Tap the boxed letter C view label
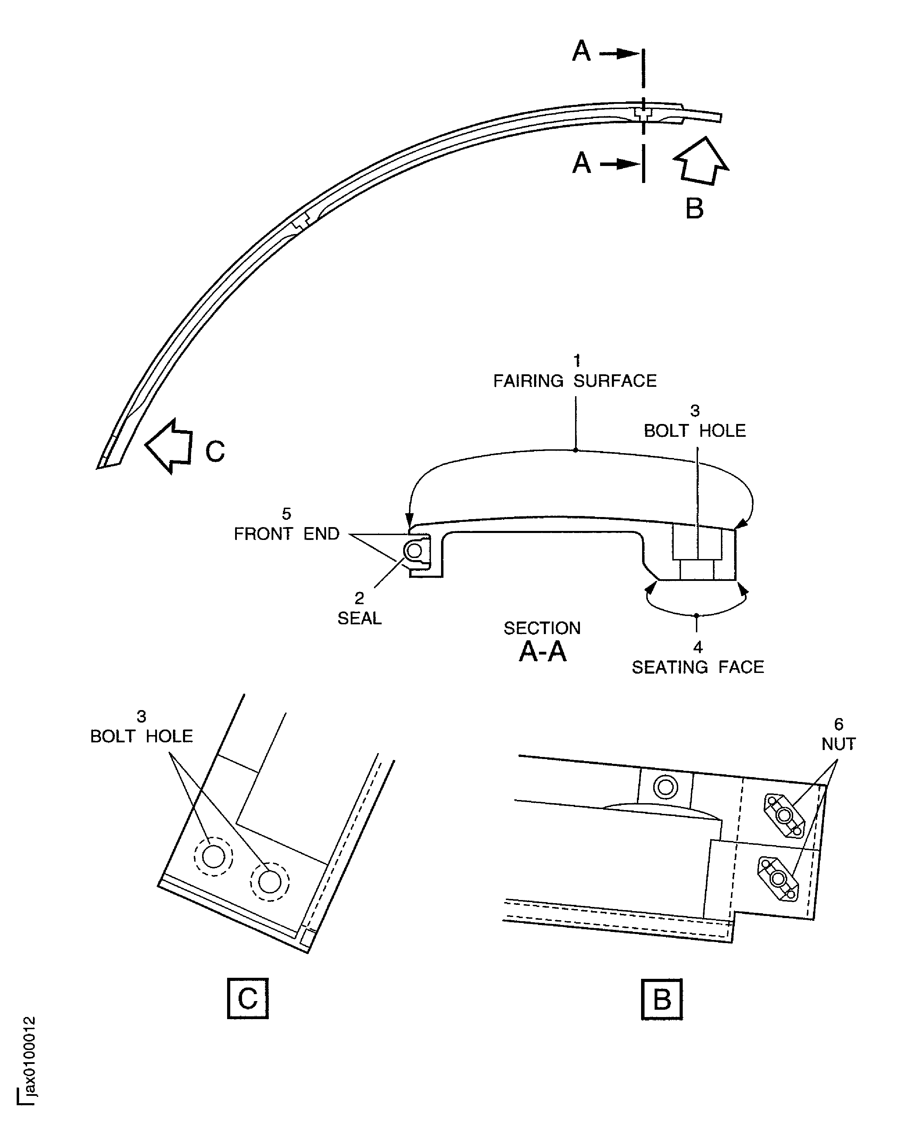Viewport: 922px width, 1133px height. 248,998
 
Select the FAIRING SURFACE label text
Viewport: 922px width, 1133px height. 575,381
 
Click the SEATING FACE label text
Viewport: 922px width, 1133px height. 697,667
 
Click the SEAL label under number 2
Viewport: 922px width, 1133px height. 359,618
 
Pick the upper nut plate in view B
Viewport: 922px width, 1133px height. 784,816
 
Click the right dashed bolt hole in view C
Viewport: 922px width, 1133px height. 270,882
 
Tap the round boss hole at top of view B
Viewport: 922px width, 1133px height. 665,788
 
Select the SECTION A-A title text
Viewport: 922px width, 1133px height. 542,642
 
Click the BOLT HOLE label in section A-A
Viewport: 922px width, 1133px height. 695,431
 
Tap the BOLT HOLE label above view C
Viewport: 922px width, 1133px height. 141,736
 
